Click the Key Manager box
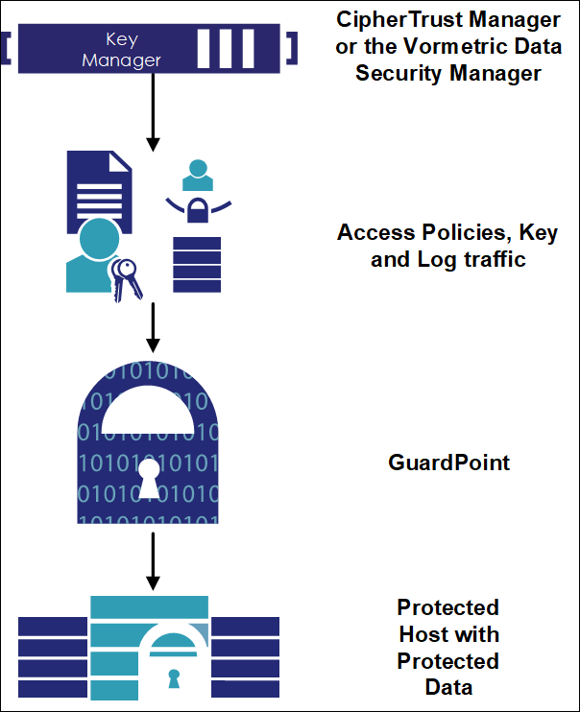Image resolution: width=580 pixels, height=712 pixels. [154, 48]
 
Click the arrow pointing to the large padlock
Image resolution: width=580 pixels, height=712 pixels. [153, 326]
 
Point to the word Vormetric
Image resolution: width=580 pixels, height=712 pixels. [443, 47]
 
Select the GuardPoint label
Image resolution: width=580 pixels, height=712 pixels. [448, 463]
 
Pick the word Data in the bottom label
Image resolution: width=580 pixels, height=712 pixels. [448, 687]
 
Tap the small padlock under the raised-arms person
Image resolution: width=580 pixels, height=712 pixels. [196, 212]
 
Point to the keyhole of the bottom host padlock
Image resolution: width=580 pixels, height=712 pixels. [173, 678]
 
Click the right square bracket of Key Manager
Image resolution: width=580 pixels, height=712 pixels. [292, 47]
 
